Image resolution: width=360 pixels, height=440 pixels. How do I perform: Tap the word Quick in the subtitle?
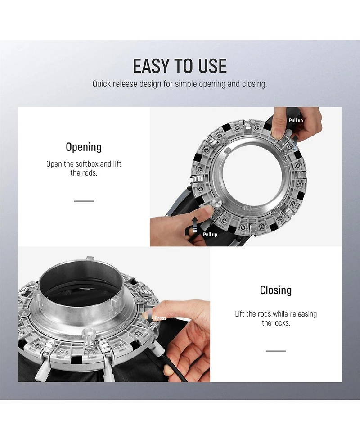coord(102,84)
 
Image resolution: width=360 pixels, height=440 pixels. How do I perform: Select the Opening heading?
coord(84,147)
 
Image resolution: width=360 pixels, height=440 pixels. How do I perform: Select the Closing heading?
coord(276,290)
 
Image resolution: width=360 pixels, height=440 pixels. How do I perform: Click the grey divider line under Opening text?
coord(84,201)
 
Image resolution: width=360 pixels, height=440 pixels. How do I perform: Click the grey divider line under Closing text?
coord(276,351)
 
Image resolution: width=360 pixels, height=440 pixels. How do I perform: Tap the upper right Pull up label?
coord(296,121)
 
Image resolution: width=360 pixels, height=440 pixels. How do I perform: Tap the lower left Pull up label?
coord(210,235)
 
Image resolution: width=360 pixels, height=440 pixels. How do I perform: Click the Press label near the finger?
coord(160,318)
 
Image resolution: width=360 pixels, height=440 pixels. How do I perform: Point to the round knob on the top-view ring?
coord(216,202)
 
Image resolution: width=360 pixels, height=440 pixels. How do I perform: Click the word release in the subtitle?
coord(126,84)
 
